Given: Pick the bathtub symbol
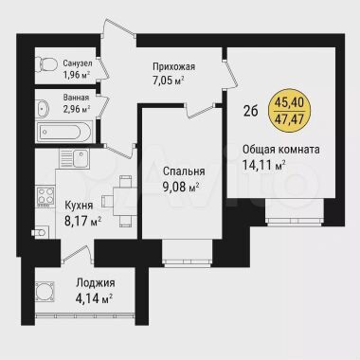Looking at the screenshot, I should pyautogui.click(x=63, y=130).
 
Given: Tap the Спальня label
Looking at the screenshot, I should pyautogui.click(x=182, y=172).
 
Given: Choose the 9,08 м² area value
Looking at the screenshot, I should pyautogui.click(x=182, y=187).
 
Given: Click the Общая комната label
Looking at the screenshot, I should pyautogui.click(x=280, y=150).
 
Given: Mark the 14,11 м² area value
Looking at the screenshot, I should pyautogui.click(x=265, y=165).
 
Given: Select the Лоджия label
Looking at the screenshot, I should pyautogui.click(x=95, y=283).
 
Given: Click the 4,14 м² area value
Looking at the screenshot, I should pyautogui.click(x=95, y=298).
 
